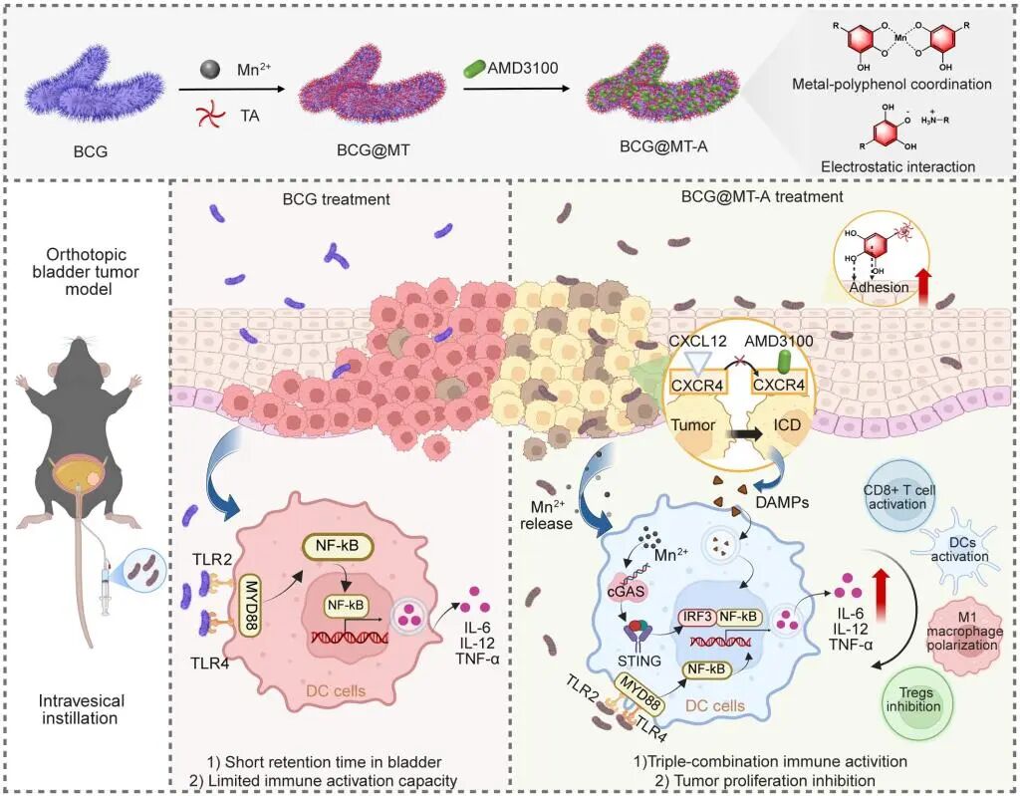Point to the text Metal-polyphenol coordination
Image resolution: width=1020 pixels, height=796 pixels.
896,85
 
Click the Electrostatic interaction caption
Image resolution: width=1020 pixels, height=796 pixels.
896,166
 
